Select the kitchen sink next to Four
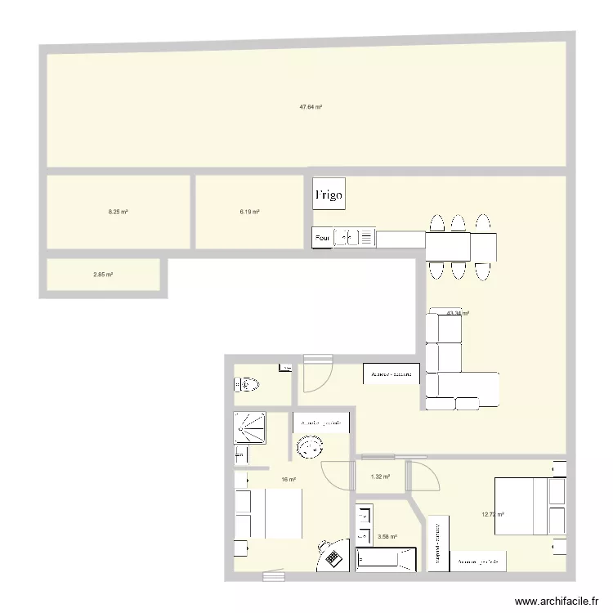point(347,238)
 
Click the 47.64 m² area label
point(310,107)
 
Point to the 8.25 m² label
point(119,212)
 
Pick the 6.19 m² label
point(249,212)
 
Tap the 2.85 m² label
point(103,275)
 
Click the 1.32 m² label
point(380,477)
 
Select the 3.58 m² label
point(387,537)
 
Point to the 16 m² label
point(289,480)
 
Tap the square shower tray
point(250,427)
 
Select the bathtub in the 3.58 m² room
point(387,560)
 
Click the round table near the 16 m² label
point(311,447)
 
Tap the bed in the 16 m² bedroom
point(269,513)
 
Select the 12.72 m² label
point(492,515)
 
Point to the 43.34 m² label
point(458,313)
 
